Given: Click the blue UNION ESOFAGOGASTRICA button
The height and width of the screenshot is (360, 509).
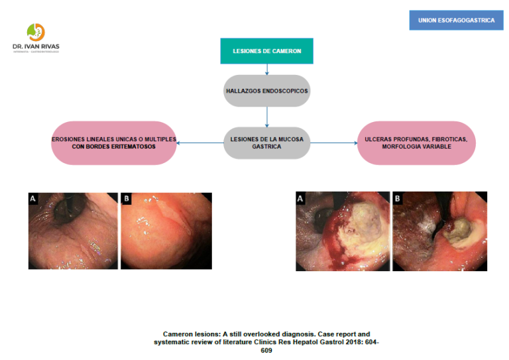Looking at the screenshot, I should click(x=456, y=21).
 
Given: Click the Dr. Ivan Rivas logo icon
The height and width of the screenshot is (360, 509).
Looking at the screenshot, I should click(x=35, y=31).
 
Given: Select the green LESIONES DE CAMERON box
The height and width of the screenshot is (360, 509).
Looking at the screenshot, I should click(x=266, y=51).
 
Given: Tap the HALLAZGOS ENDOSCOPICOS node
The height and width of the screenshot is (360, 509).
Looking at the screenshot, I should click(x=266, y=91).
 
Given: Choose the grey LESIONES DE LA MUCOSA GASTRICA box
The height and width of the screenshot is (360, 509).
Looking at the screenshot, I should click(x=266, y=143).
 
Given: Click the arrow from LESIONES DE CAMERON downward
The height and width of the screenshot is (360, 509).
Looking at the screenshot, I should click(x=266, y=69).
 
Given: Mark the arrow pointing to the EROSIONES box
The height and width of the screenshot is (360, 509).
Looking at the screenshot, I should click(x=199, y=143).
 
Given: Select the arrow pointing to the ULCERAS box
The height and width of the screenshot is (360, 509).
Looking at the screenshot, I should click(x=333, y=143).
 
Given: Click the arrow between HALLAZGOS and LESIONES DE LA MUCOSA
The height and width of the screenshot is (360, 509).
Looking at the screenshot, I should click(x=266, y=117).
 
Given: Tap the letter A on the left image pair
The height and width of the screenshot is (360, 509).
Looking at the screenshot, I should click(x=33, y=198).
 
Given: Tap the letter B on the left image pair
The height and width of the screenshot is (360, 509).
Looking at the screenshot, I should click(x=126, y=198).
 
